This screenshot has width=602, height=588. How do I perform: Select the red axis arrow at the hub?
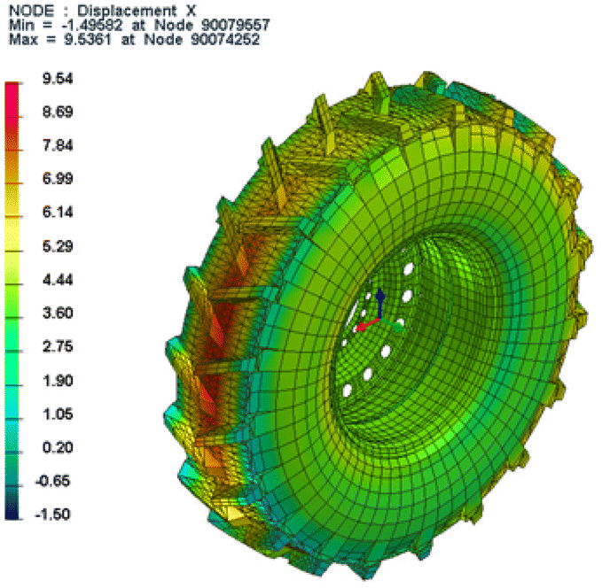(x=364, y=326)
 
